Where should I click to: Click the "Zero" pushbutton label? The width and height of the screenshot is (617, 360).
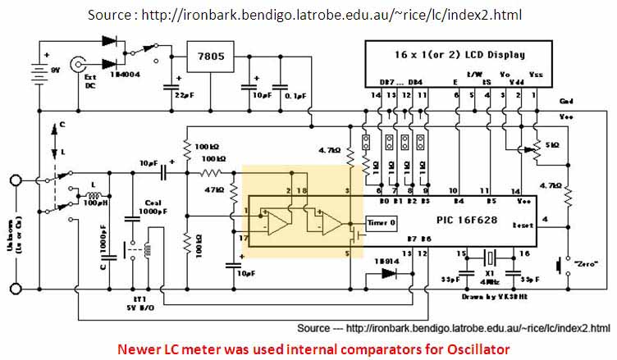(x=585, y=264)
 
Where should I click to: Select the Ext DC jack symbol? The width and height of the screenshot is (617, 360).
(x=80, y=62)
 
